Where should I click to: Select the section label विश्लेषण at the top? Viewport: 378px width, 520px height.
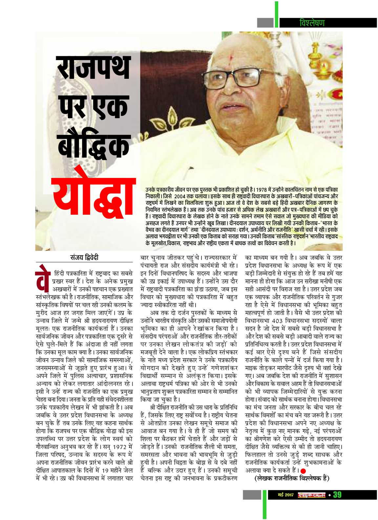pyautogui.click(x=312, y=23)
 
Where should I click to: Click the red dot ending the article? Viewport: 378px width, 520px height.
pyautogui.click(x=303, y=470)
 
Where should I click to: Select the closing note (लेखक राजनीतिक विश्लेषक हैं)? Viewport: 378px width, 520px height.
pyautogui.click(x=292, y=478)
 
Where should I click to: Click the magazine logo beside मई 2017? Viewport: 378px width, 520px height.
pyautogui.click(x=312, y=495)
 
